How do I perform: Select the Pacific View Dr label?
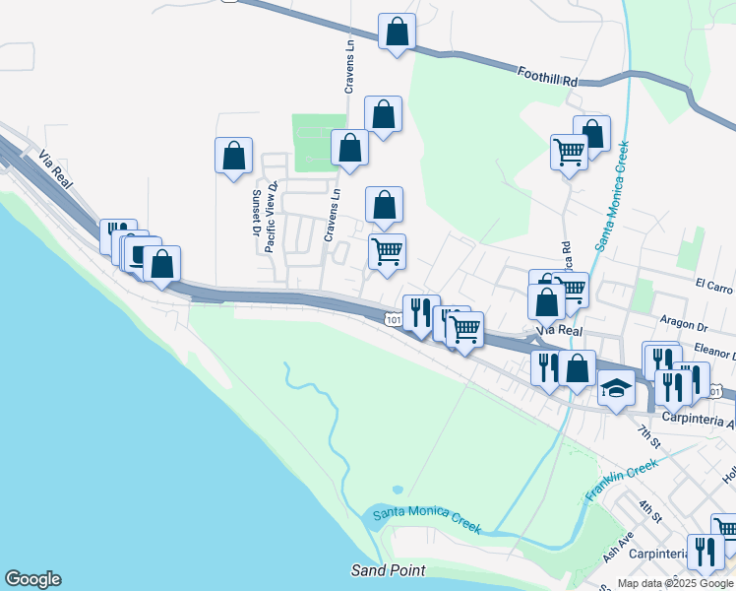pos(273,217)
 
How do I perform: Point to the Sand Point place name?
pos(389,570)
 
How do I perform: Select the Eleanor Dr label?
pos(713,348)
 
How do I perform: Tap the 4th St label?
pos(649,512)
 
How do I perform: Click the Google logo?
pos(32,579)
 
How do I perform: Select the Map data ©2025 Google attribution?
pos(675,583)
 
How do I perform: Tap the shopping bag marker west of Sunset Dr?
pos(233,156)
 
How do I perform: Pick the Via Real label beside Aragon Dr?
pos(558,331)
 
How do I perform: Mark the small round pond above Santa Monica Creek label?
pos(398,489)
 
